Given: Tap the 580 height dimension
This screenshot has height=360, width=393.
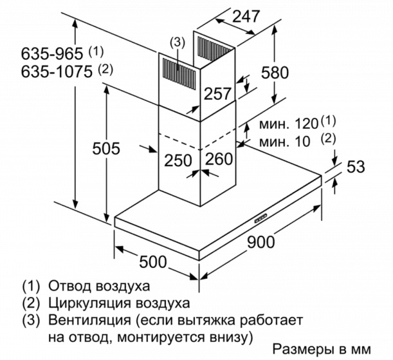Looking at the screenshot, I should tap(275, 72).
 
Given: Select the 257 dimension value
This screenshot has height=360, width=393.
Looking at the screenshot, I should tap(217, 93).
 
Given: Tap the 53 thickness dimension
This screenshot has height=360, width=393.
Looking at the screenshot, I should tap(355, 167).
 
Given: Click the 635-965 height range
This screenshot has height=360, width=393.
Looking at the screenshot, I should tap(44, 52).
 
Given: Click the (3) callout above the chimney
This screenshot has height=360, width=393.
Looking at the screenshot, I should tap(177, 43).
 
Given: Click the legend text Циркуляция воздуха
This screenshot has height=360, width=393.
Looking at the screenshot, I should tap(118, 302).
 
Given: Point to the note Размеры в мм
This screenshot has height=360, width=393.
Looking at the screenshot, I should tap(322, 349).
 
